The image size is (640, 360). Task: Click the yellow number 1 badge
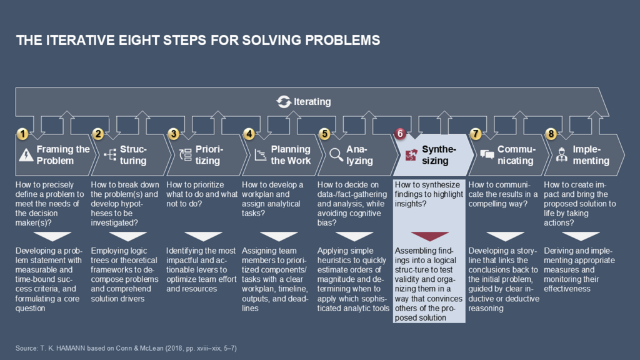pos(22,134)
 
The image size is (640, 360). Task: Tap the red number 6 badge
pos(401,134)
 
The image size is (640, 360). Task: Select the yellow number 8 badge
pos(551,134)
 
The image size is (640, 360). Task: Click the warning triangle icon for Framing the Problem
pos(26,155)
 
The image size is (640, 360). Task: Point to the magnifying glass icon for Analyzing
pos(336,154)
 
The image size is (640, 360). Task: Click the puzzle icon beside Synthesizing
pos(411,155)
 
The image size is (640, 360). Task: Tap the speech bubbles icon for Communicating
pos(487,155)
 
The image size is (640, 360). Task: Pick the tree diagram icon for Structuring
pos(109,155)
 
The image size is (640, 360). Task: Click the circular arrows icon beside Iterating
pos(284,101)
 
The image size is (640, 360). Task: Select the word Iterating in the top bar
pos(312,101)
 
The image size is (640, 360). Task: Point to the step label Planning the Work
pos(291,155)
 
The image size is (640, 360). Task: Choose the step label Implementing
pos(591,155)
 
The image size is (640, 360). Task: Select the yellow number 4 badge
pos(249,134)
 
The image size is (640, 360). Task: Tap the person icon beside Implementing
pos(561,154)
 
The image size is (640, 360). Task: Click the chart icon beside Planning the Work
pos(261,155)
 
